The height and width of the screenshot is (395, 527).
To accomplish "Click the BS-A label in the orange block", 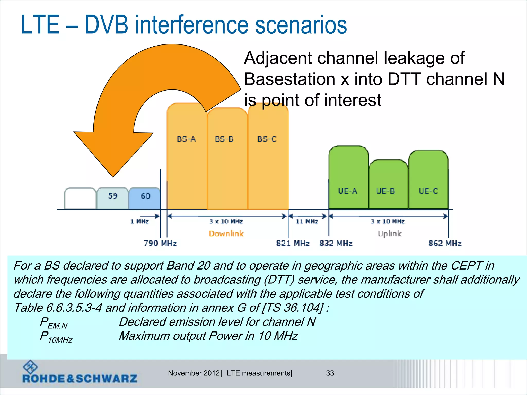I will pos(186,139).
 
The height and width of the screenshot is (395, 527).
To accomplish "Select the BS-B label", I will pos(224,139).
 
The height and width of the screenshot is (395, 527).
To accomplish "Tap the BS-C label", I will pos(267,139).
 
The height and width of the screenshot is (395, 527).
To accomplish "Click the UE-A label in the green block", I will pos(347,191).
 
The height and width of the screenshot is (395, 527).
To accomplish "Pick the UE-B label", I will pos(385,191).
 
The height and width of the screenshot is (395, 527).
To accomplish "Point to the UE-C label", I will pos(428,191).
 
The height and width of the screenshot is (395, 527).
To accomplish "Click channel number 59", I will pos(113,196).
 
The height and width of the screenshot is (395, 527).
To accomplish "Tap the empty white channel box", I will pos(80,199).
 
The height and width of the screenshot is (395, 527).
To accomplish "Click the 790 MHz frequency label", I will pos(160,243).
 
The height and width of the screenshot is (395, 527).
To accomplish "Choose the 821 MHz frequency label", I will pos(293,243).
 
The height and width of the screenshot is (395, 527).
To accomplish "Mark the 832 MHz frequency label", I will pos(336,243).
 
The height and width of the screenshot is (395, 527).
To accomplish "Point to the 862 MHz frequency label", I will pos(445,243).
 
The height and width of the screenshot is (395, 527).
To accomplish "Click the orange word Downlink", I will pos(226,234).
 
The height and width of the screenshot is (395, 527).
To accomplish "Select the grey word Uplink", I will pos(390,234).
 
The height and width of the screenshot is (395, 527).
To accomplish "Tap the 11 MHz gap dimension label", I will pos(307,221).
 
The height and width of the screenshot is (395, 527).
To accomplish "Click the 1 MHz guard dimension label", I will pos(140,221).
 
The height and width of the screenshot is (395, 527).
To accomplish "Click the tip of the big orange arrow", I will pos(113,176).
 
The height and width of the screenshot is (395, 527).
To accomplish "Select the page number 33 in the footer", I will pos(330,373).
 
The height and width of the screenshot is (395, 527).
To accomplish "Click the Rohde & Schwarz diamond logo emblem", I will pos(30,367).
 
